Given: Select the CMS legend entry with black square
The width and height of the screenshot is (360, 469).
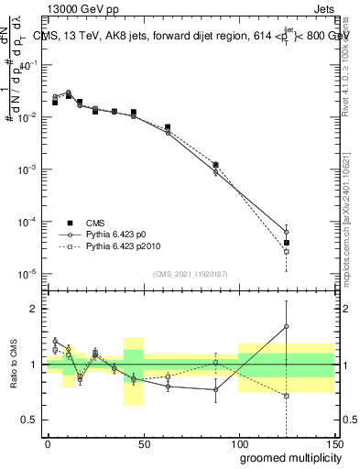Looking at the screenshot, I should pyautogui.click(x=101, y=222).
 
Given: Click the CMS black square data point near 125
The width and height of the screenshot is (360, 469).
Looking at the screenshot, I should pyautogui.click(x=287, y=243).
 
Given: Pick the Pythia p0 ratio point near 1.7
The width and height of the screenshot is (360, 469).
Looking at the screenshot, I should pyautogui.click(x=287, y=326).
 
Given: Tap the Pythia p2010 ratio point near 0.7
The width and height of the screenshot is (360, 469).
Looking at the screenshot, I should pyautogui.click(x=287, y=396).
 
